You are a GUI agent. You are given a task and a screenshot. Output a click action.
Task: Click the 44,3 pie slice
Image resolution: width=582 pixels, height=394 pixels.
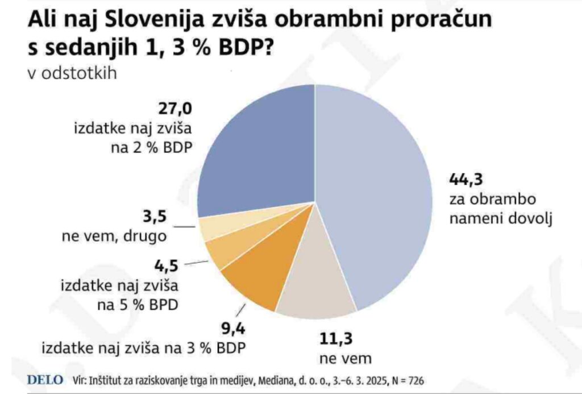375,193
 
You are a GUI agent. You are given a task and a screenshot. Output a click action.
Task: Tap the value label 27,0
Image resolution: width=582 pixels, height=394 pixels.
174,109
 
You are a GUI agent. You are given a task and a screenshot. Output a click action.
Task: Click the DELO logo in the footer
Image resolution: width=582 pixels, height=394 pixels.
45,379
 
